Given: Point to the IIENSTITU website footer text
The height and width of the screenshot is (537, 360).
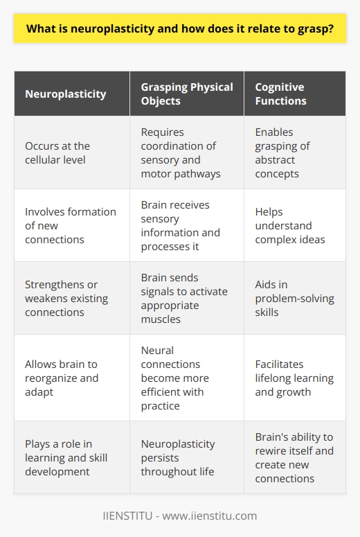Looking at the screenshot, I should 180,516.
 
